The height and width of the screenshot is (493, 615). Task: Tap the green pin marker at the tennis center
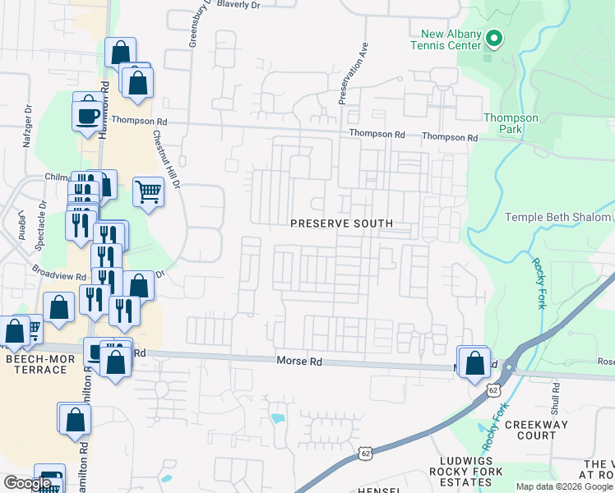(x=493, y=38)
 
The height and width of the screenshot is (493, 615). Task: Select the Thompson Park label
(x=511, y=123)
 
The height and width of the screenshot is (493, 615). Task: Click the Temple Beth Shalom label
(x=557, y=217)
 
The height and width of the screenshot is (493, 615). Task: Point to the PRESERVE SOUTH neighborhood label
(x=340, y=223)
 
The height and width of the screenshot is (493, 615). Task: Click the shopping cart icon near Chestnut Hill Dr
(x=148, y=192)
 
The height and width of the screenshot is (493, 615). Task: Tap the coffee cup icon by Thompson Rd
(x=86, y=116)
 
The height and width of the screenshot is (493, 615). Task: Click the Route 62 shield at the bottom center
(x=366, y=453)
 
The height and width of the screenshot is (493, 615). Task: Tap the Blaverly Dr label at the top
(x=238, y=4)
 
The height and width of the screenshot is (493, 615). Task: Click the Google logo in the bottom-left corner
(x=26, y=484)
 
